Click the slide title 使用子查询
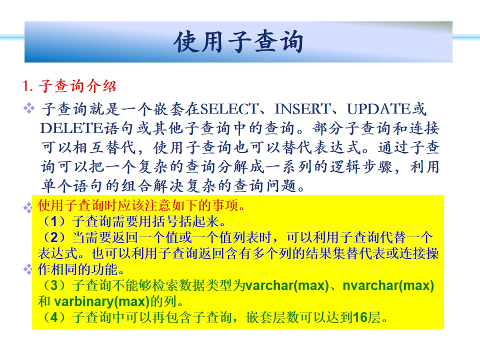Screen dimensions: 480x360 (238, 42)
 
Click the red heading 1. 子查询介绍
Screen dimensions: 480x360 (69, 85)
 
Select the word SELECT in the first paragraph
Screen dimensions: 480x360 (229, 109)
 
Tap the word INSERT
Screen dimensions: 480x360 (302, 109)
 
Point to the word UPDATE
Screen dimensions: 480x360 (378, 109)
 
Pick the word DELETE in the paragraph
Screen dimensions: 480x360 (71, 128)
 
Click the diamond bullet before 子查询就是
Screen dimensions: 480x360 (29, 108)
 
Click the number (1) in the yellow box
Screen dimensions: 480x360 (54, 221)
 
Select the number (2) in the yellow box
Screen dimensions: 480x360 (54, 237)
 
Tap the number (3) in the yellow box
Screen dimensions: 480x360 (54, 285)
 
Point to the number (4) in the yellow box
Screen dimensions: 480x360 (54, 317)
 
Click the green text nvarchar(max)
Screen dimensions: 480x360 (388, 285)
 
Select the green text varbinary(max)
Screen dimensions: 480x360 (101, 302)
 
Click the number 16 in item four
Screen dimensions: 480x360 (360, 317)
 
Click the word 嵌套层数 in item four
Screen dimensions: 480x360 (273, 317)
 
